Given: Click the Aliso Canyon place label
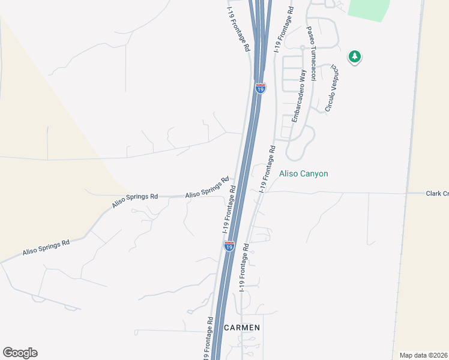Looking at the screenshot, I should (x=304, y=173).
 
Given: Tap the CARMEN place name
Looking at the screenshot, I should (x=242, y=328).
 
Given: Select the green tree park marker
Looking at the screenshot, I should (x=355, y=58).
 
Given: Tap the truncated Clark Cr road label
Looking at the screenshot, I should (x=437, y=193).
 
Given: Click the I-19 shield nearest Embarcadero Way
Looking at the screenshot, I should (x=261, y=88).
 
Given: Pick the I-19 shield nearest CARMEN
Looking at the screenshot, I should (x=229, y=246).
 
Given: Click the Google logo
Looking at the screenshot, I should (x=20, y=353).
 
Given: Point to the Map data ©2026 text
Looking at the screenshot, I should (x=424, y=355).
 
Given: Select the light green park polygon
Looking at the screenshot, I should (x=369, y=9).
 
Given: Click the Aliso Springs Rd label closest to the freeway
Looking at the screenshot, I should (x=207, y=187).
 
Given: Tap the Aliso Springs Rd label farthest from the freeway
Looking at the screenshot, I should (x=46, y=247).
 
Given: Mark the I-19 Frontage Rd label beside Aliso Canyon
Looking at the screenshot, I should (x=268, y=169).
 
